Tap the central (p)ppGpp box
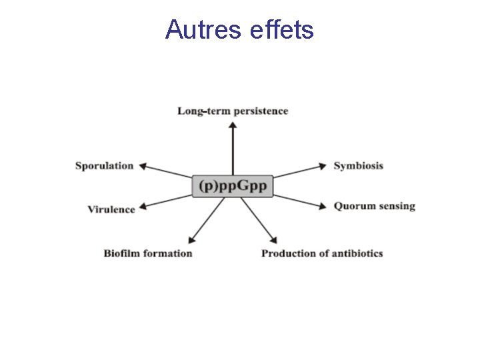coord(233,185)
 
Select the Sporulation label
coord(104,166)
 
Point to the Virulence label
coord(111,209)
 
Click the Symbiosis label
coord(359,166)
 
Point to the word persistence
coord(256,111)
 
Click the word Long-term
coord(199,111)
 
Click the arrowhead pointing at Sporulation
coord(142,166)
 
